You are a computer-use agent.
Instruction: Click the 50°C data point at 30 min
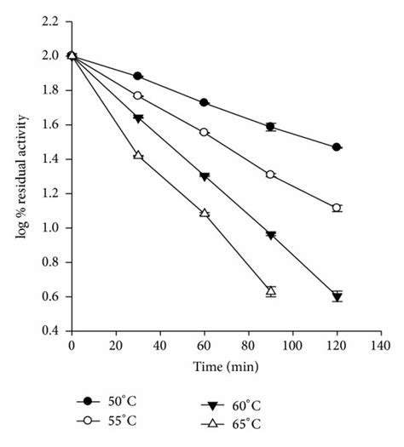[x=138, y=76]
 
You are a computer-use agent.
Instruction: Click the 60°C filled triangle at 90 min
[x=271, y=235]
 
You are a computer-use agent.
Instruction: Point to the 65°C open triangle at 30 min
[x=138, y=155]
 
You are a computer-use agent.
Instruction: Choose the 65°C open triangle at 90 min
[x=271, y=291]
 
